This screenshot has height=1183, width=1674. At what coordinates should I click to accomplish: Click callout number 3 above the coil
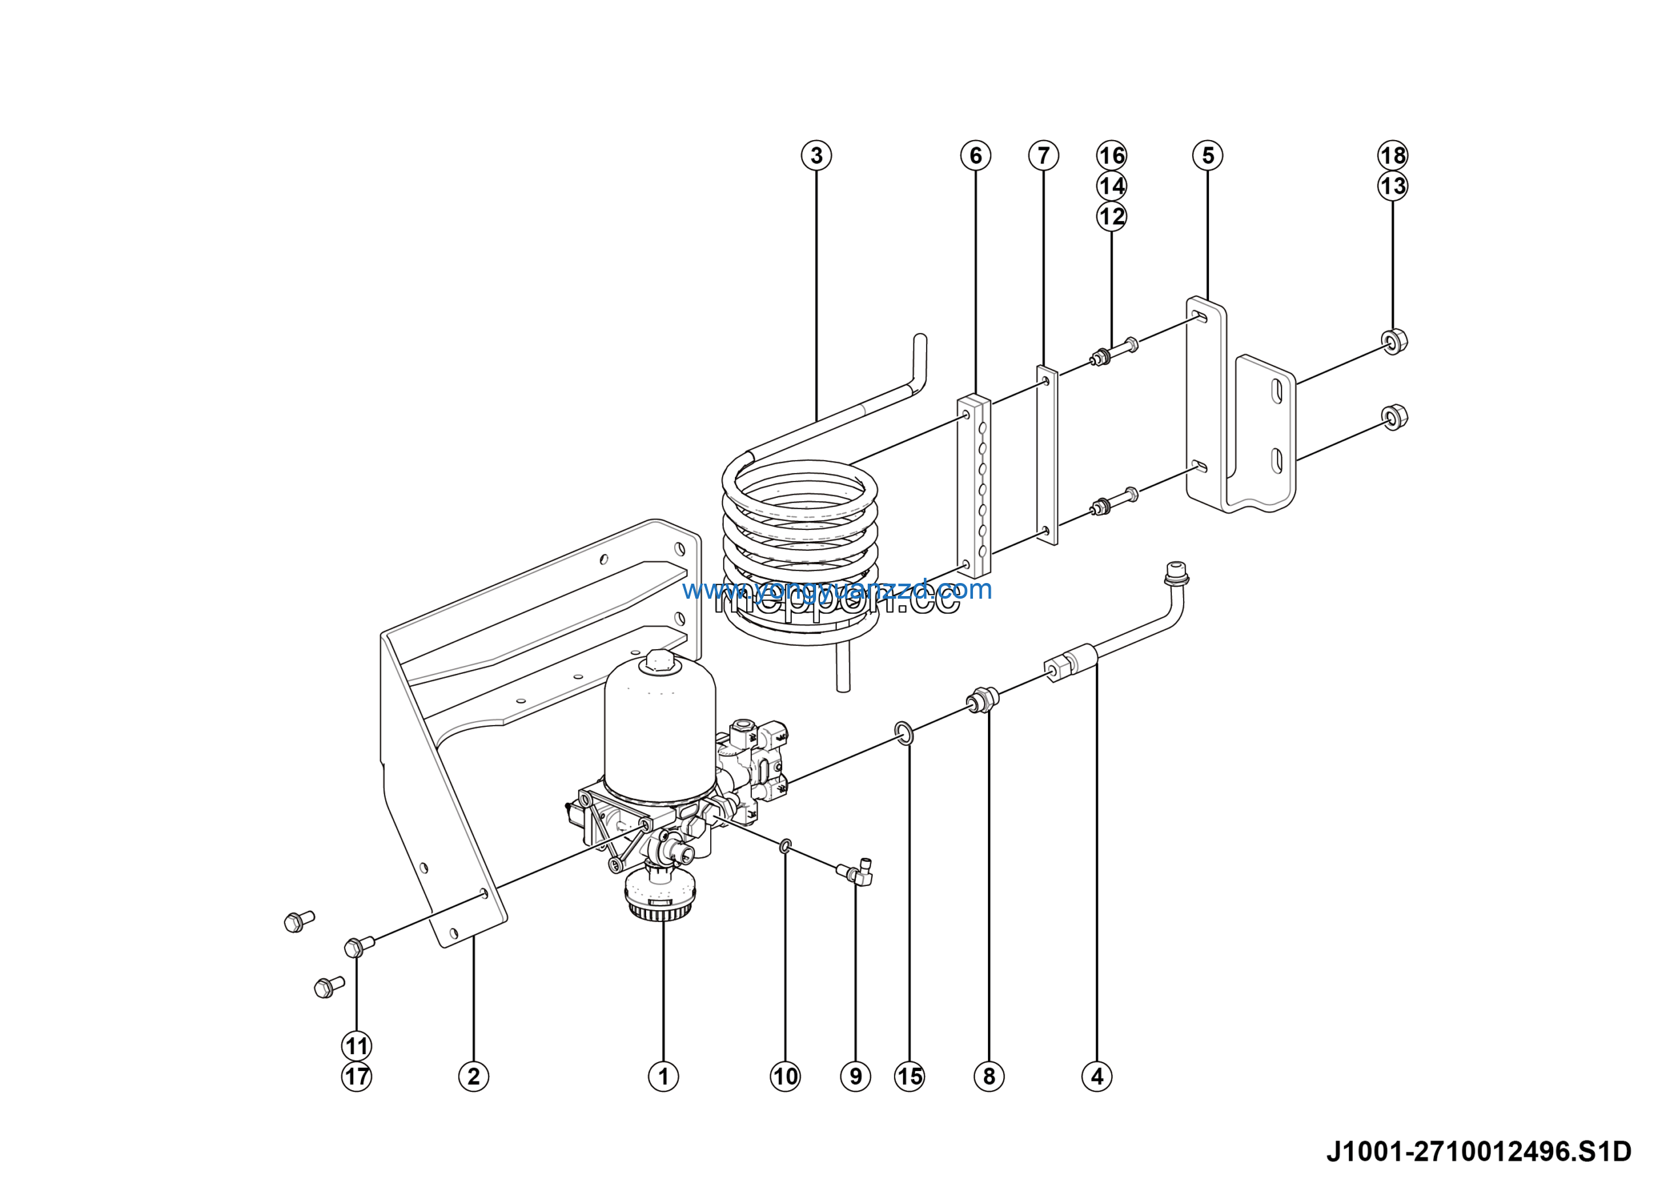click(x=816, y=155)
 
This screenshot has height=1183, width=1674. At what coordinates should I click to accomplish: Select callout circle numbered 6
click(x=976, y=155)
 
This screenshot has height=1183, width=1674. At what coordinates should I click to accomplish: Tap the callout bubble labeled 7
click(x=1044, y=155)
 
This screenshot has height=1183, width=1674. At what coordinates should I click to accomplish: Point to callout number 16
click(x=1111, y=155)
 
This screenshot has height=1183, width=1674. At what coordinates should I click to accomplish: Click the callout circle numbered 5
click(x=1207, y=155)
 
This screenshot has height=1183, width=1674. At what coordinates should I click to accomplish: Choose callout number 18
click(x=1393, y=155)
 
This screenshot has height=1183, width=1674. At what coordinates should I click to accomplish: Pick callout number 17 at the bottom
click(x=356, y=1076)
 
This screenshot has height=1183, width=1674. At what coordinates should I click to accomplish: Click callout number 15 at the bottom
click(x=909, y=1076)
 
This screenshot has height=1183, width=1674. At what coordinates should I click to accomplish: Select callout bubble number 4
click(x=1097, y=1076)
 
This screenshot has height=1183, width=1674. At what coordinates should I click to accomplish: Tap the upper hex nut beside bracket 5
click(x=1394, y=341)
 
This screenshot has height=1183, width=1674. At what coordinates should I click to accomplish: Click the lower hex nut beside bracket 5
click(x=1394, y=417)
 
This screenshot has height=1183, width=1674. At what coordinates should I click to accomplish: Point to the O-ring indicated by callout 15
click(x=903, y=733)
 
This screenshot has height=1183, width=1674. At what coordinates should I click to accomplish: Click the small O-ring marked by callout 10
click(x=785, y=846)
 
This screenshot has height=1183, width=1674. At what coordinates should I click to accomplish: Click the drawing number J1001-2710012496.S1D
click(x=1478, y=1152)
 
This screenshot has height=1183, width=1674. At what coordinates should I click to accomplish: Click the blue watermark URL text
click(x=837, y=590)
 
